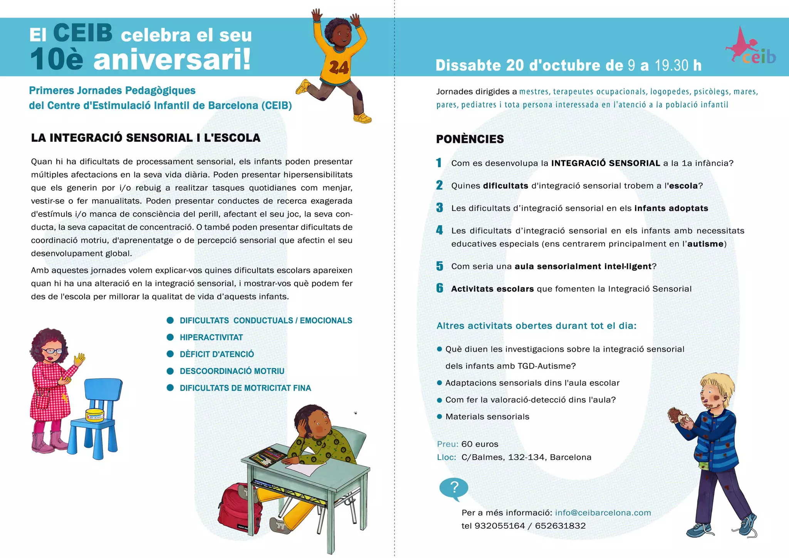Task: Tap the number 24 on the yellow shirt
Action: (x=339, y=68)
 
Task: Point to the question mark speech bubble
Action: (x=454, y=488)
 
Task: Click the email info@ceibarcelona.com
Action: (x=603, y=513)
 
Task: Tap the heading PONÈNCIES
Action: (x=470, y=139)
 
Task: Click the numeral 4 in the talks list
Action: (x=440, y=230)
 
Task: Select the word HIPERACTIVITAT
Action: (x=211, y=338)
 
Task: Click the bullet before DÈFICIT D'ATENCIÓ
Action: (x=170, y=354)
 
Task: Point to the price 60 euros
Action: (x=480, y=444)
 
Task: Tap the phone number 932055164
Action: (x=500, y=526)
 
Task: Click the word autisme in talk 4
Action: (x=705, y=244)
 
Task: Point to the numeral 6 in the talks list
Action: (x=440, y=288)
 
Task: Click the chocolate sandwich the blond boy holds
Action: (x=677, y=415)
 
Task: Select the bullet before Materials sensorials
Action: (x=439, y=417)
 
